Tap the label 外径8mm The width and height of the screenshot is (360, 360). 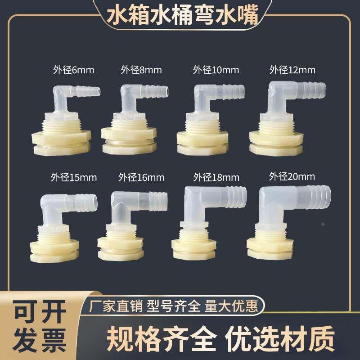[x=141, y=70]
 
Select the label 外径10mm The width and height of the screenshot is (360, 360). [x=216, y=70]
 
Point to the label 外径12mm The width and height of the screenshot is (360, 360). [x=292, y=70]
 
